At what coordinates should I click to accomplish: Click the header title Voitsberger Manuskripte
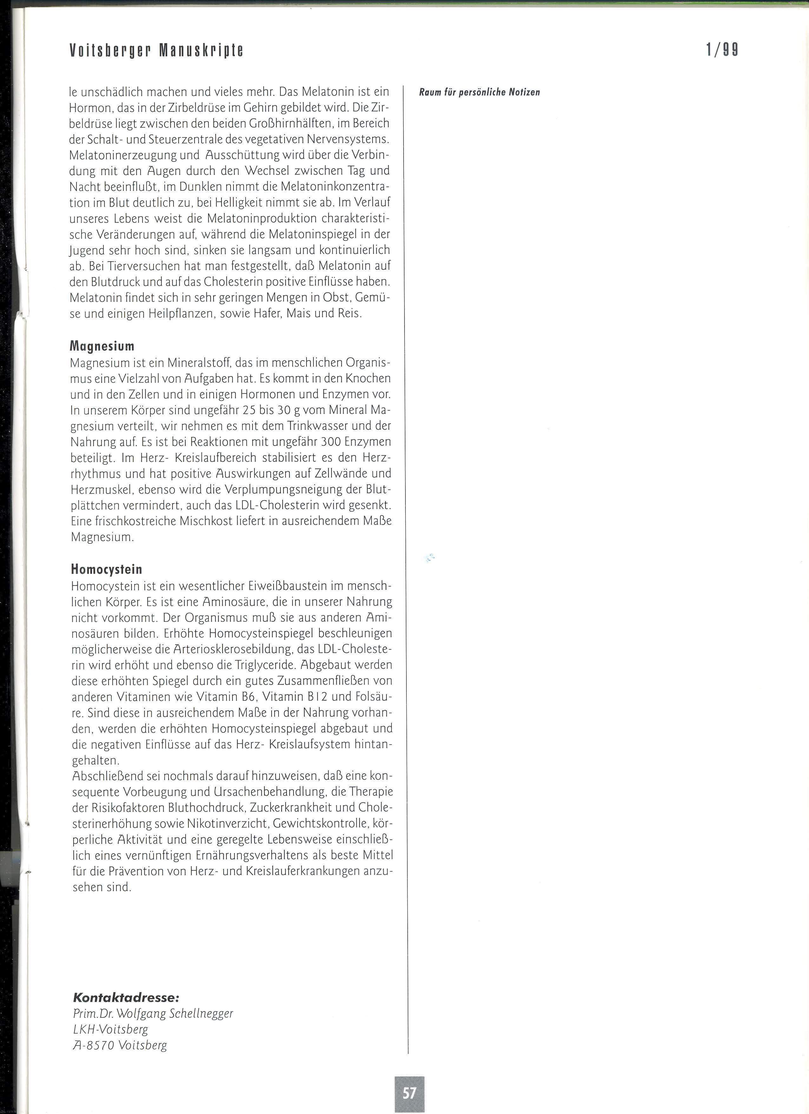(x=157, y=50)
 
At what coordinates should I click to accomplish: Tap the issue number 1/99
(x=722, y=50)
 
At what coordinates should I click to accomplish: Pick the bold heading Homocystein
(x=107, y=569)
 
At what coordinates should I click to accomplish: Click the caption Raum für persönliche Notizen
(x=479, y=92)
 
